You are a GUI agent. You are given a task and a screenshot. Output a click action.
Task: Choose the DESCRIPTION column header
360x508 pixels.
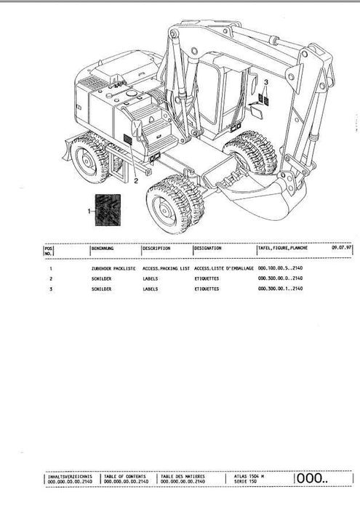click(x=157, y=249)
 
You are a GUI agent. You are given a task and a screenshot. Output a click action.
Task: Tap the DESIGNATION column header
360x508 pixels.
click(x=211, y=249)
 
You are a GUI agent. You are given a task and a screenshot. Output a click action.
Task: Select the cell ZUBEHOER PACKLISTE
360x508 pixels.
click(x=113, y=269)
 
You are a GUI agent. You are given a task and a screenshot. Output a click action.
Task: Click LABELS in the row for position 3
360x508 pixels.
click(x=151, y=289)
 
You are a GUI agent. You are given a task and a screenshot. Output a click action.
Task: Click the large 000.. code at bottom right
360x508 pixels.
click(x=312, y=477)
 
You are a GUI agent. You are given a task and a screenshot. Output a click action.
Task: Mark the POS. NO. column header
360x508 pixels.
click(x=49, y=251)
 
